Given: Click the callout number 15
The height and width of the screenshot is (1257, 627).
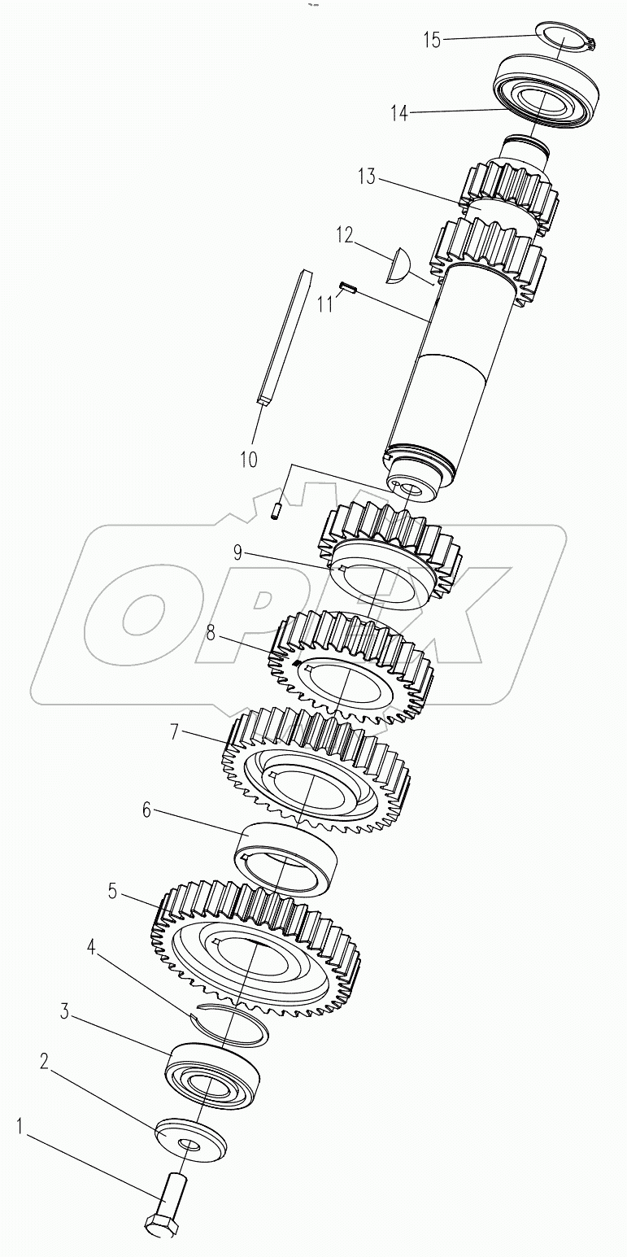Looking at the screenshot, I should pos(431,40).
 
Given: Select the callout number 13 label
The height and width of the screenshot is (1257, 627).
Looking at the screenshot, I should pos(367,177).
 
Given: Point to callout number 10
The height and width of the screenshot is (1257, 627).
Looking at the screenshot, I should pos(249,459).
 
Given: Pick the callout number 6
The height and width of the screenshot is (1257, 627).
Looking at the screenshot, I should pos(146,810).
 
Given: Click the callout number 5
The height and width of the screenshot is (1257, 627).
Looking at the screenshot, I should pos(112,891).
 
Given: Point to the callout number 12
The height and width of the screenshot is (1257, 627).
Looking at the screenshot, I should pos(346,236).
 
